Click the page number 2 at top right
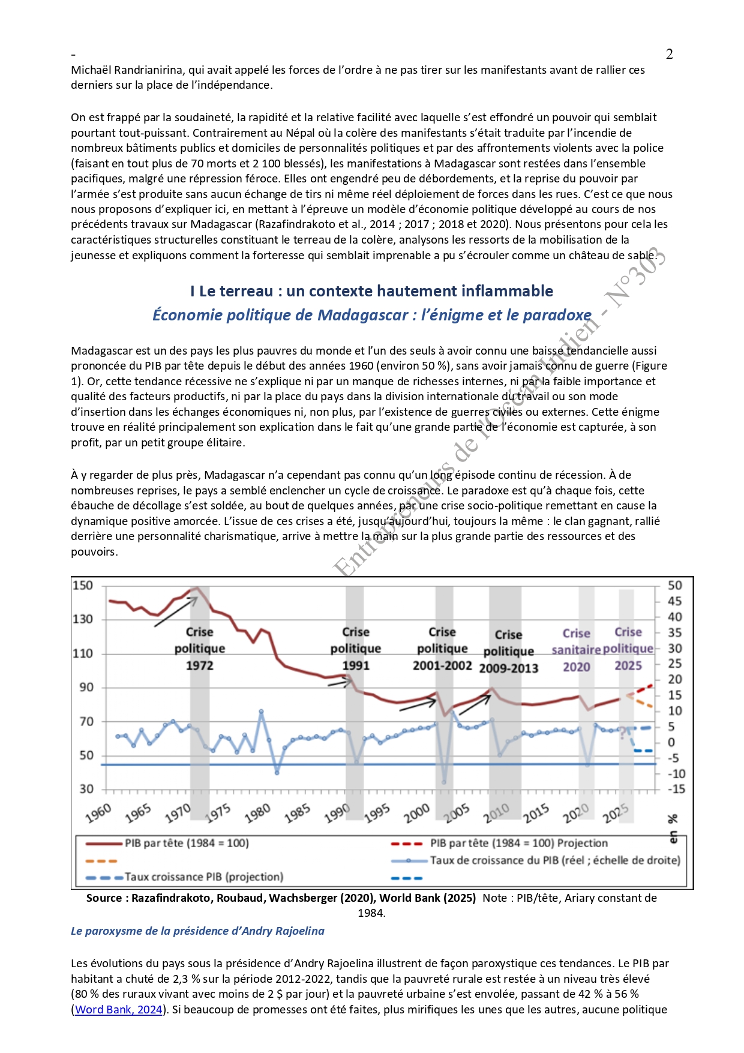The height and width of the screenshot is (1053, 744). [x=670, y=54]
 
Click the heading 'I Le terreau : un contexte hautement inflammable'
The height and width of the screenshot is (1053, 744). [x=371, y=291]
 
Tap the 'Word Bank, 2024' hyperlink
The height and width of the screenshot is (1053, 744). [x=119, y=1009]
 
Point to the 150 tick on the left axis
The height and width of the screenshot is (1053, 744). [x=83, y=586]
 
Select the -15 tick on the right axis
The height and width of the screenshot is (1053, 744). [x=676, y=789]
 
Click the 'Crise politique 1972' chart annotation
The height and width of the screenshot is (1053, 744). [x=199, y=649]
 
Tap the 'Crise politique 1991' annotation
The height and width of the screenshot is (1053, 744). [x=355, y=649]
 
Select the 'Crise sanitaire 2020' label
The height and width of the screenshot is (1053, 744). [x=576, y=650]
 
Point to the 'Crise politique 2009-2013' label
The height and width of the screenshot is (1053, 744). [x=508, y=652]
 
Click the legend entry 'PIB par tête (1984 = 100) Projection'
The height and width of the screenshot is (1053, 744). [x=518, y=843]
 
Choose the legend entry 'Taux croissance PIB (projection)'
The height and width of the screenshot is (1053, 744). [x=203, y=877]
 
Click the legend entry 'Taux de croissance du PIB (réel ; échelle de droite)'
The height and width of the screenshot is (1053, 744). [x=554, y=860]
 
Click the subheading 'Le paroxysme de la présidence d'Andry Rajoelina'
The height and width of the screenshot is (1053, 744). [x=197, y=931]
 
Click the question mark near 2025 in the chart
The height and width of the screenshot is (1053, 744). [x=623, y=733]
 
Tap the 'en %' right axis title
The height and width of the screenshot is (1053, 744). [x=673, y=828]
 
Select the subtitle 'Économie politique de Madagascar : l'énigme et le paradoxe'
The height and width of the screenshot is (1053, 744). [x=371, y=315]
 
